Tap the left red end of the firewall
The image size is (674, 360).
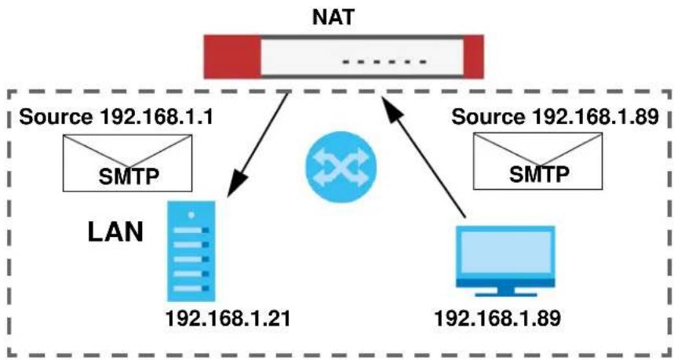pos(232,56)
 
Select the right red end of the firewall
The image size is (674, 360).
pos(474,56)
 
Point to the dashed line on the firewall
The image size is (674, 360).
pos(384,62)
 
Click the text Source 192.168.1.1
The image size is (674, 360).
pos(116,117)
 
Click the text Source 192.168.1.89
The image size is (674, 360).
pos(555,117)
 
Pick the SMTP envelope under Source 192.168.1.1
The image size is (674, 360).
pos(128,163)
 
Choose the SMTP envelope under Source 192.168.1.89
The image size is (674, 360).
pos(537,161)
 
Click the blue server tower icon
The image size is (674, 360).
pos(191,251)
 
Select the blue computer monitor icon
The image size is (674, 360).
pos(505,261)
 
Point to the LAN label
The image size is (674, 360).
pos(115,232)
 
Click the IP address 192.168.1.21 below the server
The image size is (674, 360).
pos(228,319)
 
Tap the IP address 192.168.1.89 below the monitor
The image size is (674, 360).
pos(497,319)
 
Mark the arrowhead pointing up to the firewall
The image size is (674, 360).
pos(393,108)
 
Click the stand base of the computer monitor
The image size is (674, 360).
pos(505,293)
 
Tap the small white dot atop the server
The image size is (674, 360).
pos(191,214)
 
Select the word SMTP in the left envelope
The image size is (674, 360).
pos(129,176)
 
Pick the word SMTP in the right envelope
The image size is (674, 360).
pos(539,174)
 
